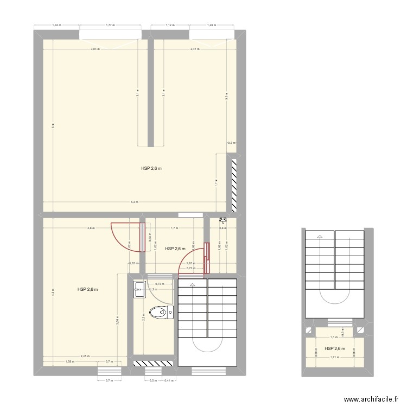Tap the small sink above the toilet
(x=138, y=290)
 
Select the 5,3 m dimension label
(x=134, y=202)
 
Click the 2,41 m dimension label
(x=195, y=49)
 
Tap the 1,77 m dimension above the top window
(x=110, y=25)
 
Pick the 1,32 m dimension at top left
(x=56, y=25)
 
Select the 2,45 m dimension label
(x=85, y=357)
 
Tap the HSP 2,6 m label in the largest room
(x=151, y=169)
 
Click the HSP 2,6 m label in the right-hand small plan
(x=334, y=348)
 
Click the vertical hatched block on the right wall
(x=235, y=185)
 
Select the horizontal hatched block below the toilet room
(x=153, y=363)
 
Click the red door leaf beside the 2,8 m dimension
(x=143, y=237)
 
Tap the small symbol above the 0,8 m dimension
(x=222, y=220)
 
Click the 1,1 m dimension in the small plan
(x=334, y=337)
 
